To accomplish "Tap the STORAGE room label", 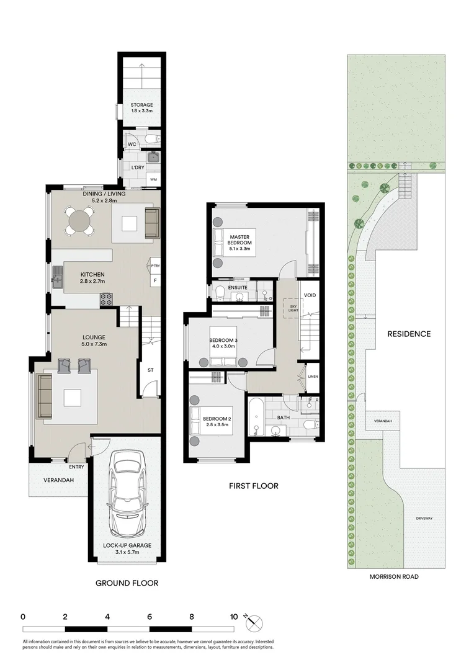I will tap(141, 105).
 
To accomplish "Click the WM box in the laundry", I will tap(153, 180).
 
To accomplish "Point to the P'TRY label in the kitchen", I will tap(154, 266).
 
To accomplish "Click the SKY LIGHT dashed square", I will tap(290, 307).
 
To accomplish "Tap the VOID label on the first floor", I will tap(310, 295).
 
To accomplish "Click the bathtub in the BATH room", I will tap(256, 417).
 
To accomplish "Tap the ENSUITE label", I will tap(238, 288).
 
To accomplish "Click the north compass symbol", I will tap(254, 620).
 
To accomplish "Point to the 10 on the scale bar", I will tap(234, 617).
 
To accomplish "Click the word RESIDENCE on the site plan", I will tap(409, 334).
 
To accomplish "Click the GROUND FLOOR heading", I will tap(127, 583).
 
